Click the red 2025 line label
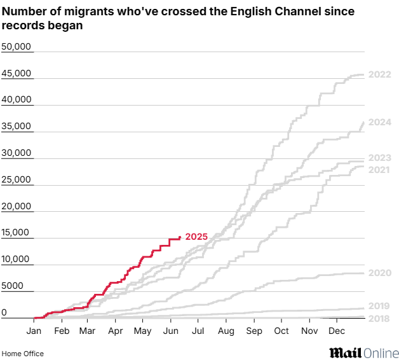click(x=196, y=237)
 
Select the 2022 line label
click(x=379, y=75)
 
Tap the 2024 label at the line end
click(x=379, y=122)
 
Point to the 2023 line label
click(x=379, y=158)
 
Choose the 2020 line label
click(x=379, y=273)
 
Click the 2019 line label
click(x=379, y=306)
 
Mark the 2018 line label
click(x=379, y=318)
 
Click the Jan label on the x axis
click(x=34, y=331)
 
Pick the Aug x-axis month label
click(x=226, y=331)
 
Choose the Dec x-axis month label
click(x=337, y=331)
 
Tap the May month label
click(x=143, y=331)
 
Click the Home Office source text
click(x=23, y=354)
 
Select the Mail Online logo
click(x=363, y=352)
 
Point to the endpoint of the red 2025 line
click(x=180, y=237)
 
